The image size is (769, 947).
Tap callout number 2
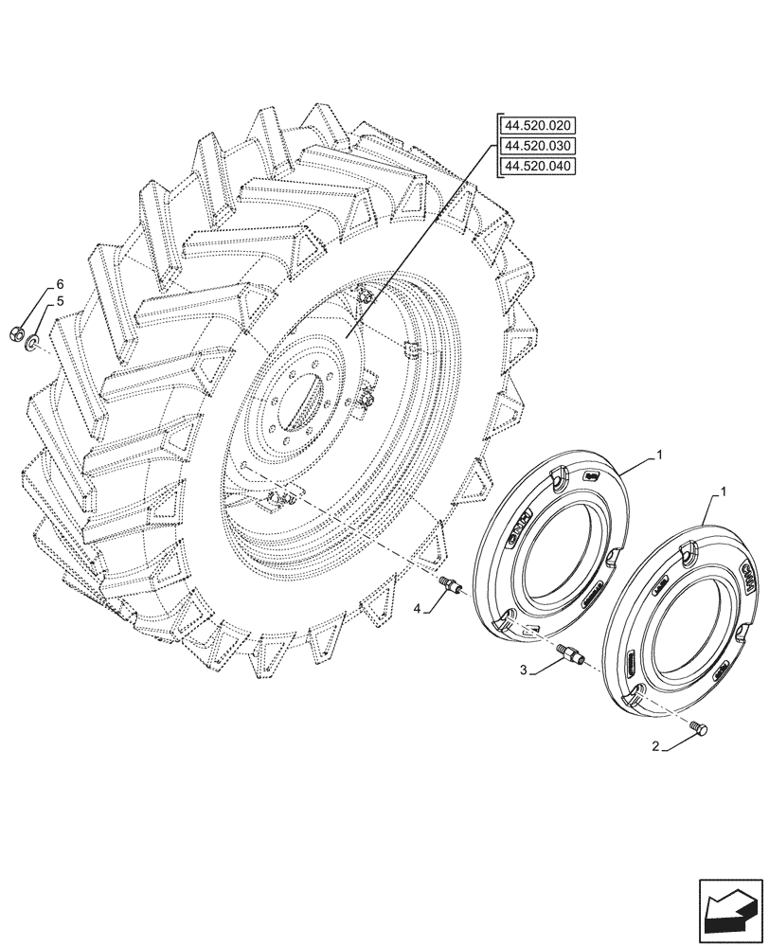tap(655, 747)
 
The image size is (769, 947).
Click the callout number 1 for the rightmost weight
tap(724, 493)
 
